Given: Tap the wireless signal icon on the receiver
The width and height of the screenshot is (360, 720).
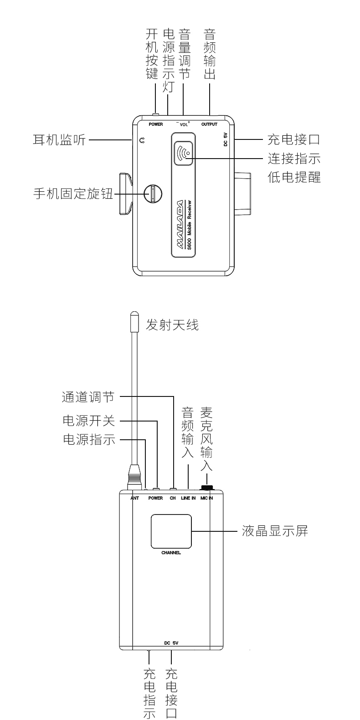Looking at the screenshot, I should point(184,152).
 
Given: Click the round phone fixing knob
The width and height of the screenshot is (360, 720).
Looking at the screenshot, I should point(153,193).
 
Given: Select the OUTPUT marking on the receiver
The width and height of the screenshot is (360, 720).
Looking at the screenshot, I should point(209,124).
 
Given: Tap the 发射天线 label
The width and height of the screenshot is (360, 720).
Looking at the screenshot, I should point(172,325).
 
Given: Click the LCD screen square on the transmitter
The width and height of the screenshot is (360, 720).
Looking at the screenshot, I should point(171,531).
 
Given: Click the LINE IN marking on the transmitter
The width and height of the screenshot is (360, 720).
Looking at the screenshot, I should point(188,498).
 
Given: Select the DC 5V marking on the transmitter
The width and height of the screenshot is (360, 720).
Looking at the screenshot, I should point(172,643).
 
